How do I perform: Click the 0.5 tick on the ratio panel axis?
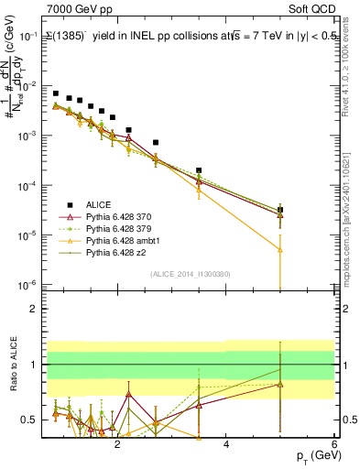[x=30, y=420]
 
